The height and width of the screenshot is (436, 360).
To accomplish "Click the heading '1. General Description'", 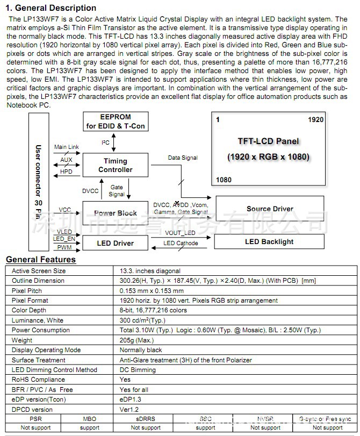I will tap(51, 8).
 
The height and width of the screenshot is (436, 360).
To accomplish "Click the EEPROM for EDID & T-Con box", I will tap(116, 121).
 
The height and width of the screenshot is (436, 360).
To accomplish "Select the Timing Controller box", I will tap(116, 165).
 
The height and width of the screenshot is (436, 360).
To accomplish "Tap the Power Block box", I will tap(116, 213).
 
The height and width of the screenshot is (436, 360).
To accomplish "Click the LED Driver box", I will tap(116, 243).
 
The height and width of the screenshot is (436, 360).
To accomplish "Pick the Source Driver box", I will tap(270, 209).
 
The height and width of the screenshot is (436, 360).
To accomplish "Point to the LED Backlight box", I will tap(269, 241).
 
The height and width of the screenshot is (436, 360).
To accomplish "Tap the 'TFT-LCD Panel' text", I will tap(269, 141).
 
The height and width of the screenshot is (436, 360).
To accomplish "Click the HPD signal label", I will tap(66, 171).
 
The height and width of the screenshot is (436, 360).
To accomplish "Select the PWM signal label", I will tap(64, 247).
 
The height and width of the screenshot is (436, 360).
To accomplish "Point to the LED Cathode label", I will tap(181, 244).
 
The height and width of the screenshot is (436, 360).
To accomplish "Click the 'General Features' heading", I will tap(41, 260).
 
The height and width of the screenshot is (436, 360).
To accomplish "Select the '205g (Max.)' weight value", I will tap(137, 340).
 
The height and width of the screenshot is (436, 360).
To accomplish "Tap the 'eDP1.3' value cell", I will tap(131, 399).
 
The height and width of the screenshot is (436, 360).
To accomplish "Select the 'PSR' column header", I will tap(35, 419).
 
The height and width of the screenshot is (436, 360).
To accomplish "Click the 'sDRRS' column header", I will tap(146, 419).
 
